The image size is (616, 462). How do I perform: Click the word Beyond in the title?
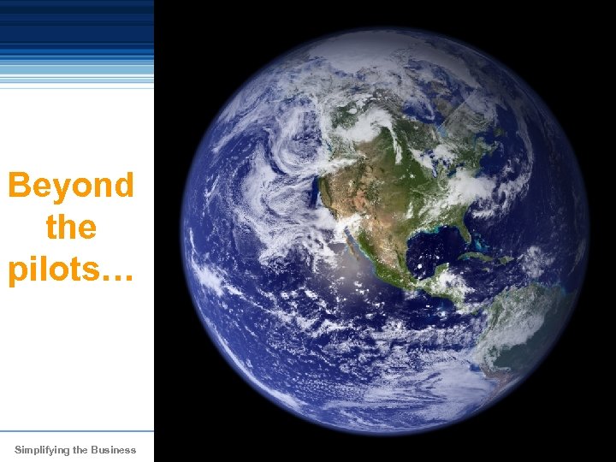pyautogui.click(x=71, y=186)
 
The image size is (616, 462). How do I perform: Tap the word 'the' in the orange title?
pyautogui.click(x=71, y=227)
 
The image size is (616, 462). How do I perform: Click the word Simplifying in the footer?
pyautogui.click(x=41, y=450)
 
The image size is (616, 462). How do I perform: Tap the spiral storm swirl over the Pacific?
pyautogui.click(x=287, y=163)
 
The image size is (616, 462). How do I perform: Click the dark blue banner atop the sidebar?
pyautogui.click(x=77, y=26)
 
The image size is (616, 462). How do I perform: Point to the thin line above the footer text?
pyautogui.click(x=77, y=430)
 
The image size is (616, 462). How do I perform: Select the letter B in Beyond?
pyautogui.click(x=20, y=186)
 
